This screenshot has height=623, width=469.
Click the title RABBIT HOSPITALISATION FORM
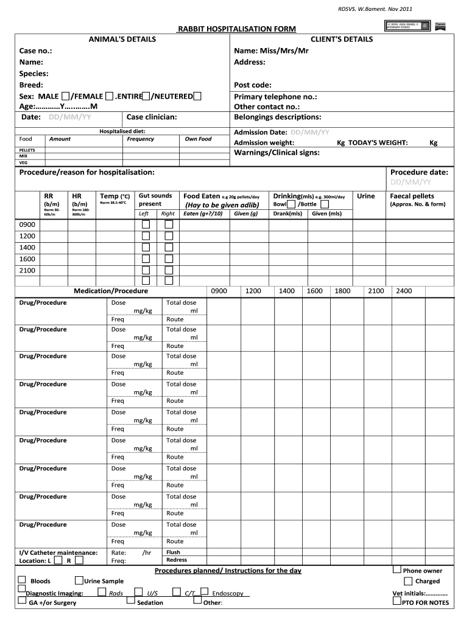coord(236,29)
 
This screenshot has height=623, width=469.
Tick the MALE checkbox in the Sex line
coord(65,96)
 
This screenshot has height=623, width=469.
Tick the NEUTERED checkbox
coord(199,96)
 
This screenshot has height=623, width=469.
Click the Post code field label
coord(252,85)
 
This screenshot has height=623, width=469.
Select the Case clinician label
coord(152,117)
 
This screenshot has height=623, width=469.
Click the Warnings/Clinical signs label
coord(277,153)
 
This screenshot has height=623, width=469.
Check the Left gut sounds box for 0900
coord(146,224)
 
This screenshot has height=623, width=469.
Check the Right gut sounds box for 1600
coord(168,259)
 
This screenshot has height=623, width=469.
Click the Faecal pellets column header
coord(412,196)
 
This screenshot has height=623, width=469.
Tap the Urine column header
coord(365,196)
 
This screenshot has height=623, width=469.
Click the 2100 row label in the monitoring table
coord(27,270)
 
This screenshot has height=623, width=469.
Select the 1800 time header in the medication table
coord(342,291)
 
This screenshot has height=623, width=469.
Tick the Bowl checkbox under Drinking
coord(291,204)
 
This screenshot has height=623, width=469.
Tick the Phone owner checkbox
coord(397,570)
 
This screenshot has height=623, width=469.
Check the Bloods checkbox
coord(23,580)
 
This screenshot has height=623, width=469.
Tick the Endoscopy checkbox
coord(205,591)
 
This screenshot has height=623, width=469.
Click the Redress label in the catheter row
coord(177,560)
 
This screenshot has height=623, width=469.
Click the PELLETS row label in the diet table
coord(27,150)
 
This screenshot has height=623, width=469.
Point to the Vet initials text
coord(420,593)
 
